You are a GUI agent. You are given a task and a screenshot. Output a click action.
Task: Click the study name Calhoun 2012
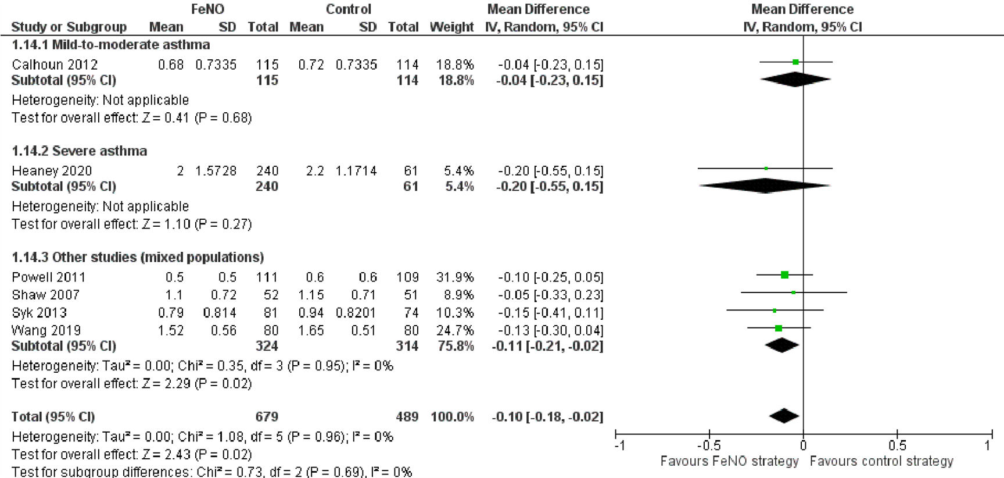(x=55, y=65)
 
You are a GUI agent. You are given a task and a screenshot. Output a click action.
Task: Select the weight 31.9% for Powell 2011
(x=455, y=277)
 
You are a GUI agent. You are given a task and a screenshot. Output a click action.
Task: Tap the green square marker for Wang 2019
(x=779, y=329)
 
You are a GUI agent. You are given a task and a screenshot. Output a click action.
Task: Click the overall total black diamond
(x=784, y=416)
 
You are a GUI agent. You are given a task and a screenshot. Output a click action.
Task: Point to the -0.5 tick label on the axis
(x=709, y=445)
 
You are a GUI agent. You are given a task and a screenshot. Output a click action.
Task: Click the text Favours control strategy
(x=881, y=461)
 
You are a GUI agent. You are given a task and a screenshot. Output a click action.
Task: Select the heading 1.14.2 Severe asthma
(x=79, y=151)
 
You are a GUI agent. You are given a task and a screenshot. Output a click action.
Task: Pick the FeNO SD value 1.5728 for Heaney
(x=216, y=171)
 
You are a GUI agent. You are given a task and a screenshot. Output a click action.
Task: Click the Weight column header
(x=451, y=27)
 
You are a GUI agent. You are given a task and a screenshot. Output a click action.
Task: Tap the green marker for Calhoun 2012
(x=795, y=62)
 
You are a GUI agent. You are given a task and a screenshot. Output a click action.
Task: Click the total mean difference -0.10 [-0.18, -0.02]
(x=547, y=417)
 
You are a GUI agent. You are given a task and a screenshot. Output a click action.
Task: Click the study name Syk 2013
(x=39, y=313)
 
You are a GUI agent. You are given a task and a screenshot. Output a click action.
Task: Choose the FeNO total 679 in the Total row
(x=267, y=417)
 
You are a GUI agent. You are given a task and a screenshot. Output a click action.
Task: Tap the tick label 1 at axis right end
(x=987, y=445)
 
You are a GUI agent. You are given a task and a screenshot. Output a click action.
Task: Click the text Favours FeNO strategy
(x=729, y=461)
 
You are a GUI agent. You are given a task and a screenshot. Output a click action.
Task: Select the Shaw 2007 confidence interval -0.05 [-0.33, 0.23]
(x=550, y=295)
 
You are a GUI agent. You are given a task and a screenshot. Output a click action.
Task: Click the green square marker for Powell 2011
(x=784, y=274)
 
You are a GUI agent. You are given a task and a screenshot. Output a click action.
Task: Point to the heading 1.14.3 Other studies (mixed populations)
(x=138, y=258)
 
